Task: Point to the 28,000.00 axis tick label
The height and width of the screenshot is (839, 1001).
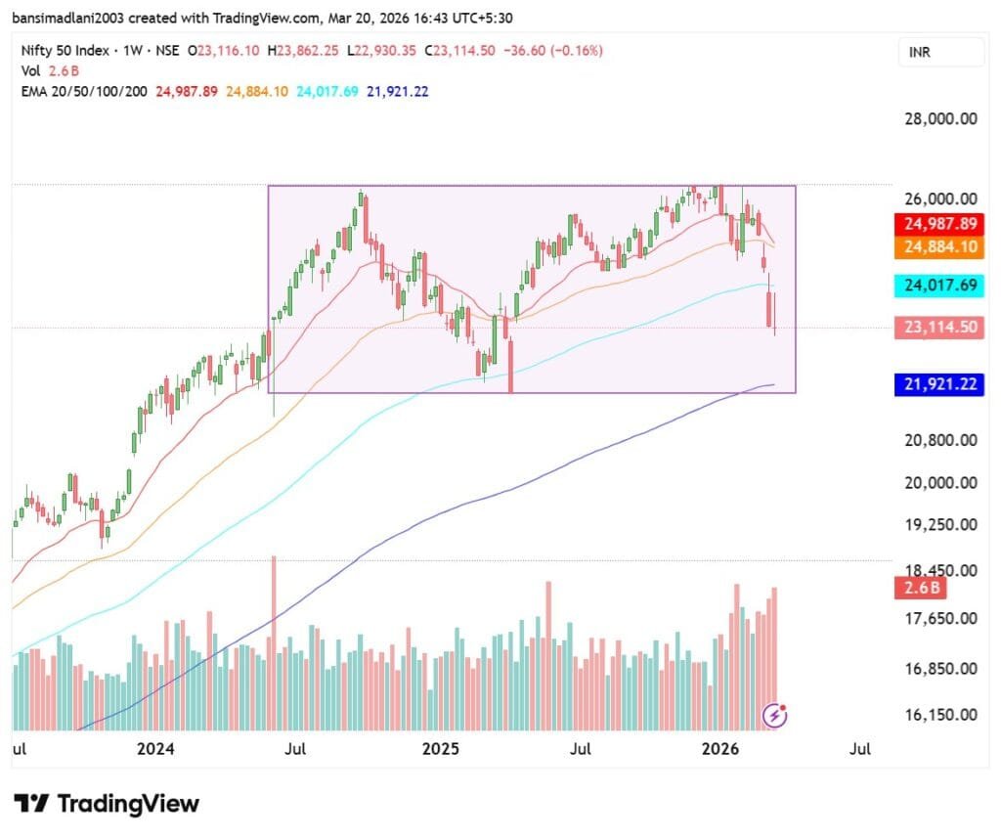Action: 938,119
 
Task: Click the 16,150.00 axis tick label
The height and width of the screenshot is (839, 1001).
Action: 938,715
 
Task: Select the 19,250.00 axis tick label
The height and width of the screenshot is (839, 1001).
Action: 938,524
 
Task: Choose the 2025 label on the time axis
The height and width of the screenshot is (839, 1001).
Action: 440,749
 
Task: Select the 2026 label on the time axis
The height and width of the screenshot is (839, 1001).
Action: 721,749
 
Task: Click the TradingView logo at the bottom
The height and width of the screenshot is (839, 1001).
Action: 108,804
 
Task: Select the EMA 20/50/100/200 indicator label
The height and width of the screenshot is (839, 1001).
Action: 85,91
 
